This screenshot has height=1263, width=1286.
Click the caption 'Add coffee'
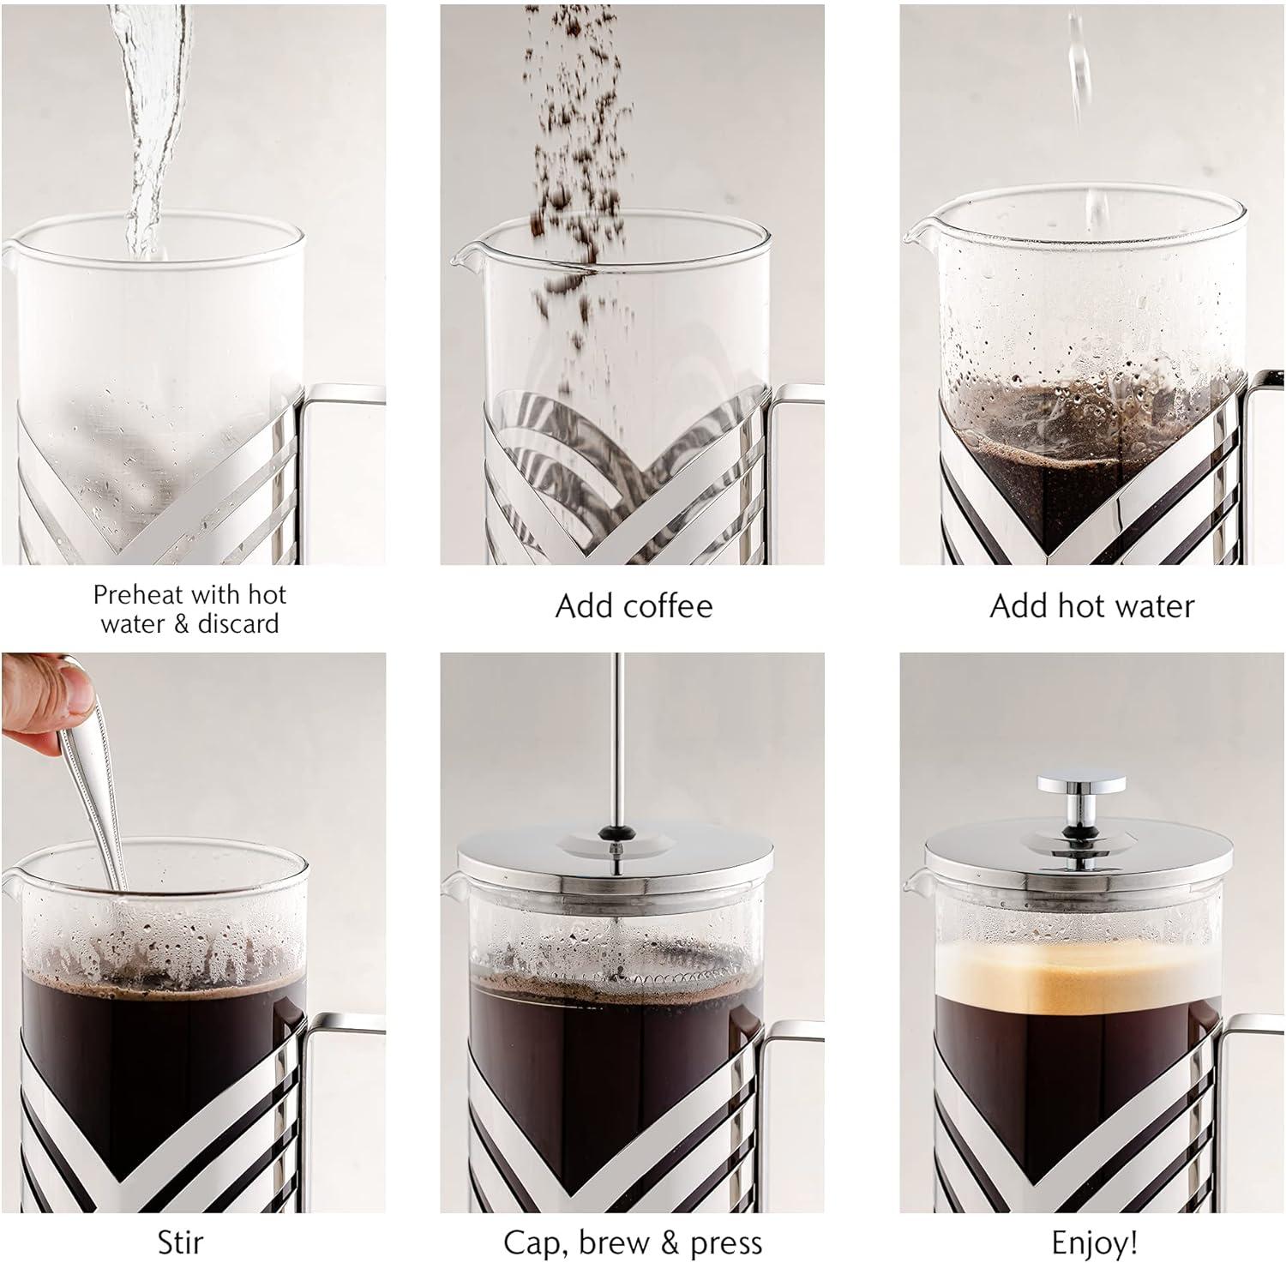[x=634, y=606]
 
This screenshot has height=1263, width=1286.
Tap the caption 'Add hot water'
[x=1091, y=606]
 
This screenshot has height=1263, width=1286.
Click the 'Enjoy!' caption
[x=1094, y=1242]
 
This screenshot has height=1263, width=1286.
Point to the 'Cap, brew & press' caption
[x=633, y=1242]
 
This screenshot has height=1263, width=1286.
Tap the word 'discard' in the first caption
[x=238, y=622]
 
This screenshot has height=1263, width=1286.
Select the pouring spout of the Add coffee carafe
[x=463, y=252]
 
